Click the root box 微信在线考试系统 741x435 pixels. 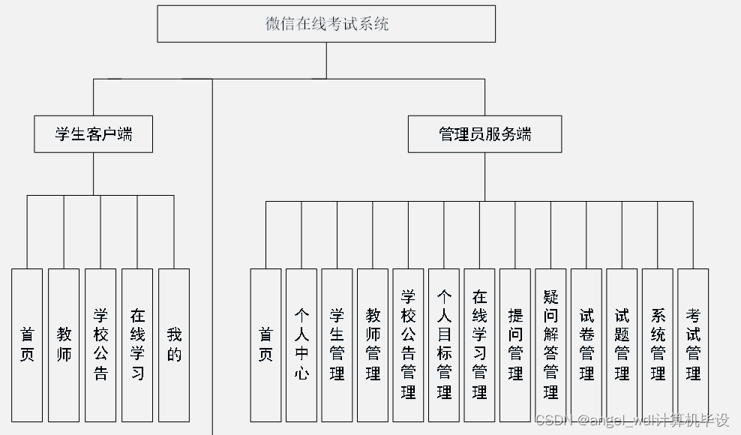click(326, 24)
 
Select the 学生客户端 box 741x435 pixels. click(93, 133)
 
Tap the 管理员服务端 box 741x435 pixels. click(484, 133)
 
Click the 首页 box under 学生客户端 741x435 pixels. click(27, 345)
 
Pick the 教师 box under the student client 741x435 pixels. click(64, 345)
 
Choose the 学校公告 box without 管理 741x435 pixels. click(100, 345)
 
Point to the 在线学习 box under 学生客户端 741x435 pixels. click(137, 345)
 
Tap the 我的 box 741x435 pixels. click(174, 345)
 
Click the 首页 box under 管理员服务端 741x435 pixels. click(265, 345)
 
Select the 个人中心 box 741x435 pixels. click(301, 345)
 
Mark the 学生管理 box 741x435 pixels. click(337, 345)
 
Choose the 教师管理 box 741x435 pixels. click(373, 345)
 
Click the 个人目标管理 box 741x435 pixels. click(444, 345)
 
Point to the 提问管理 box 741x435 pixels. click(515, 345)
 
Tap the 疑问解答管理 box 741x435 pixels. click(550, 345)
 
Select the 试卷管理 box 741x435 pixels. click(586, 345)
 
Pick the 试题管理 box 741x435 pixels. click(622, 345)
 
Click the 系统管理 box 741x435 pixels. click(658, 345)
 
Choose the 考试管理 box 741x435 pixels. click(693, 345)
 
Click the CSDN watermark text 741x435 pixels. click(632, 420)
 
